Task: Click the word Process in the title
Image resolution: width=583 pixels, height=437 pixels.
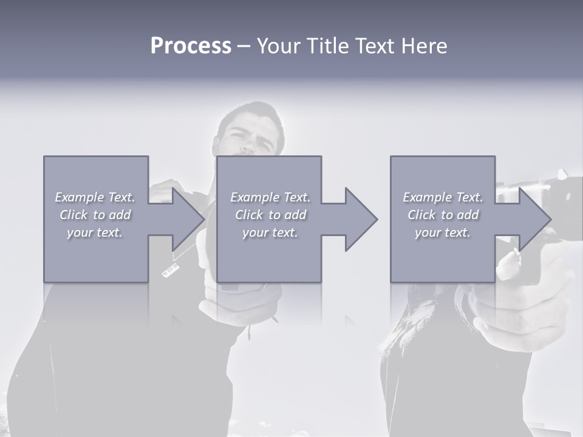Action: pos(191,46)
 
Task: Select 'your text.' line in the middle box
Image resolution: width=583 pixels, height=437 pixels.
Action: pos(270,232)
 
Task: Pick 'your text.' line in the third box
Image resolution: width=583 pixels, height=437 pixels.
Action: pos(443,232)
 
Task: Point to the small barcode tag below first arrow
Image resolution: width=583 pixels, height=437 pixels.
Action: pos(171,270)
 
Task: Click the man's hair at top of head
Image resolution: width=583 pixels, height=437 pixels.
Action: pos(255,112)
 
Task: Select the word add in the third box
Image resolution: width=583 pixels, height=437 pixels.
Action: pos(466,215)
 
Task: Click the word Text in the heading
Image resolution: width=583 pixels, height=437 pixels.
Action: pos(373,46)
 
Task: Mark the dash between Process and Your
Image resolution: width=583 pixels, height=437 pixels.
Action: pos(244,47)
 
